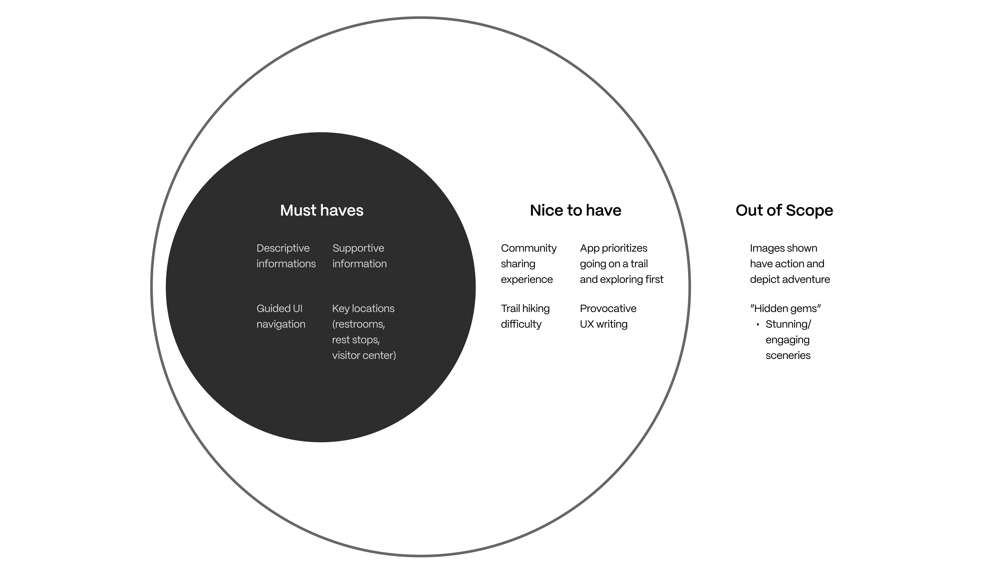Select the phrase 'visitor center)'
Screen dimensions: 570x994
pos(364,355)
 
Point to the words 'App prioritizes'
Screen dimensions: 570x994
pos(613,248)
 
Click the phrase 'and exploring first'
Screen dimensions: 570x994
pos(621,279)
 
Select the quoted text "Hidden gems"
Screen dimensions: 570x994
pos(785,309)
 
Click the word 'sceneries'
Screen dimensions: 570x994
pos(788,355)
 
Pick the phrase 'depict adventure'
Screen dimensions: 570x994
pos(790,279)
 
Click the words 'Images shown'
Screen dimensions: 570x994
pos(783,248)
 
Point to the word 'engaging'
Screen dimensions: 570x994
pos(787,340)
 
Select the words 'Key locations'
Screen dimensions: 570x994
pos(363,309)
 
